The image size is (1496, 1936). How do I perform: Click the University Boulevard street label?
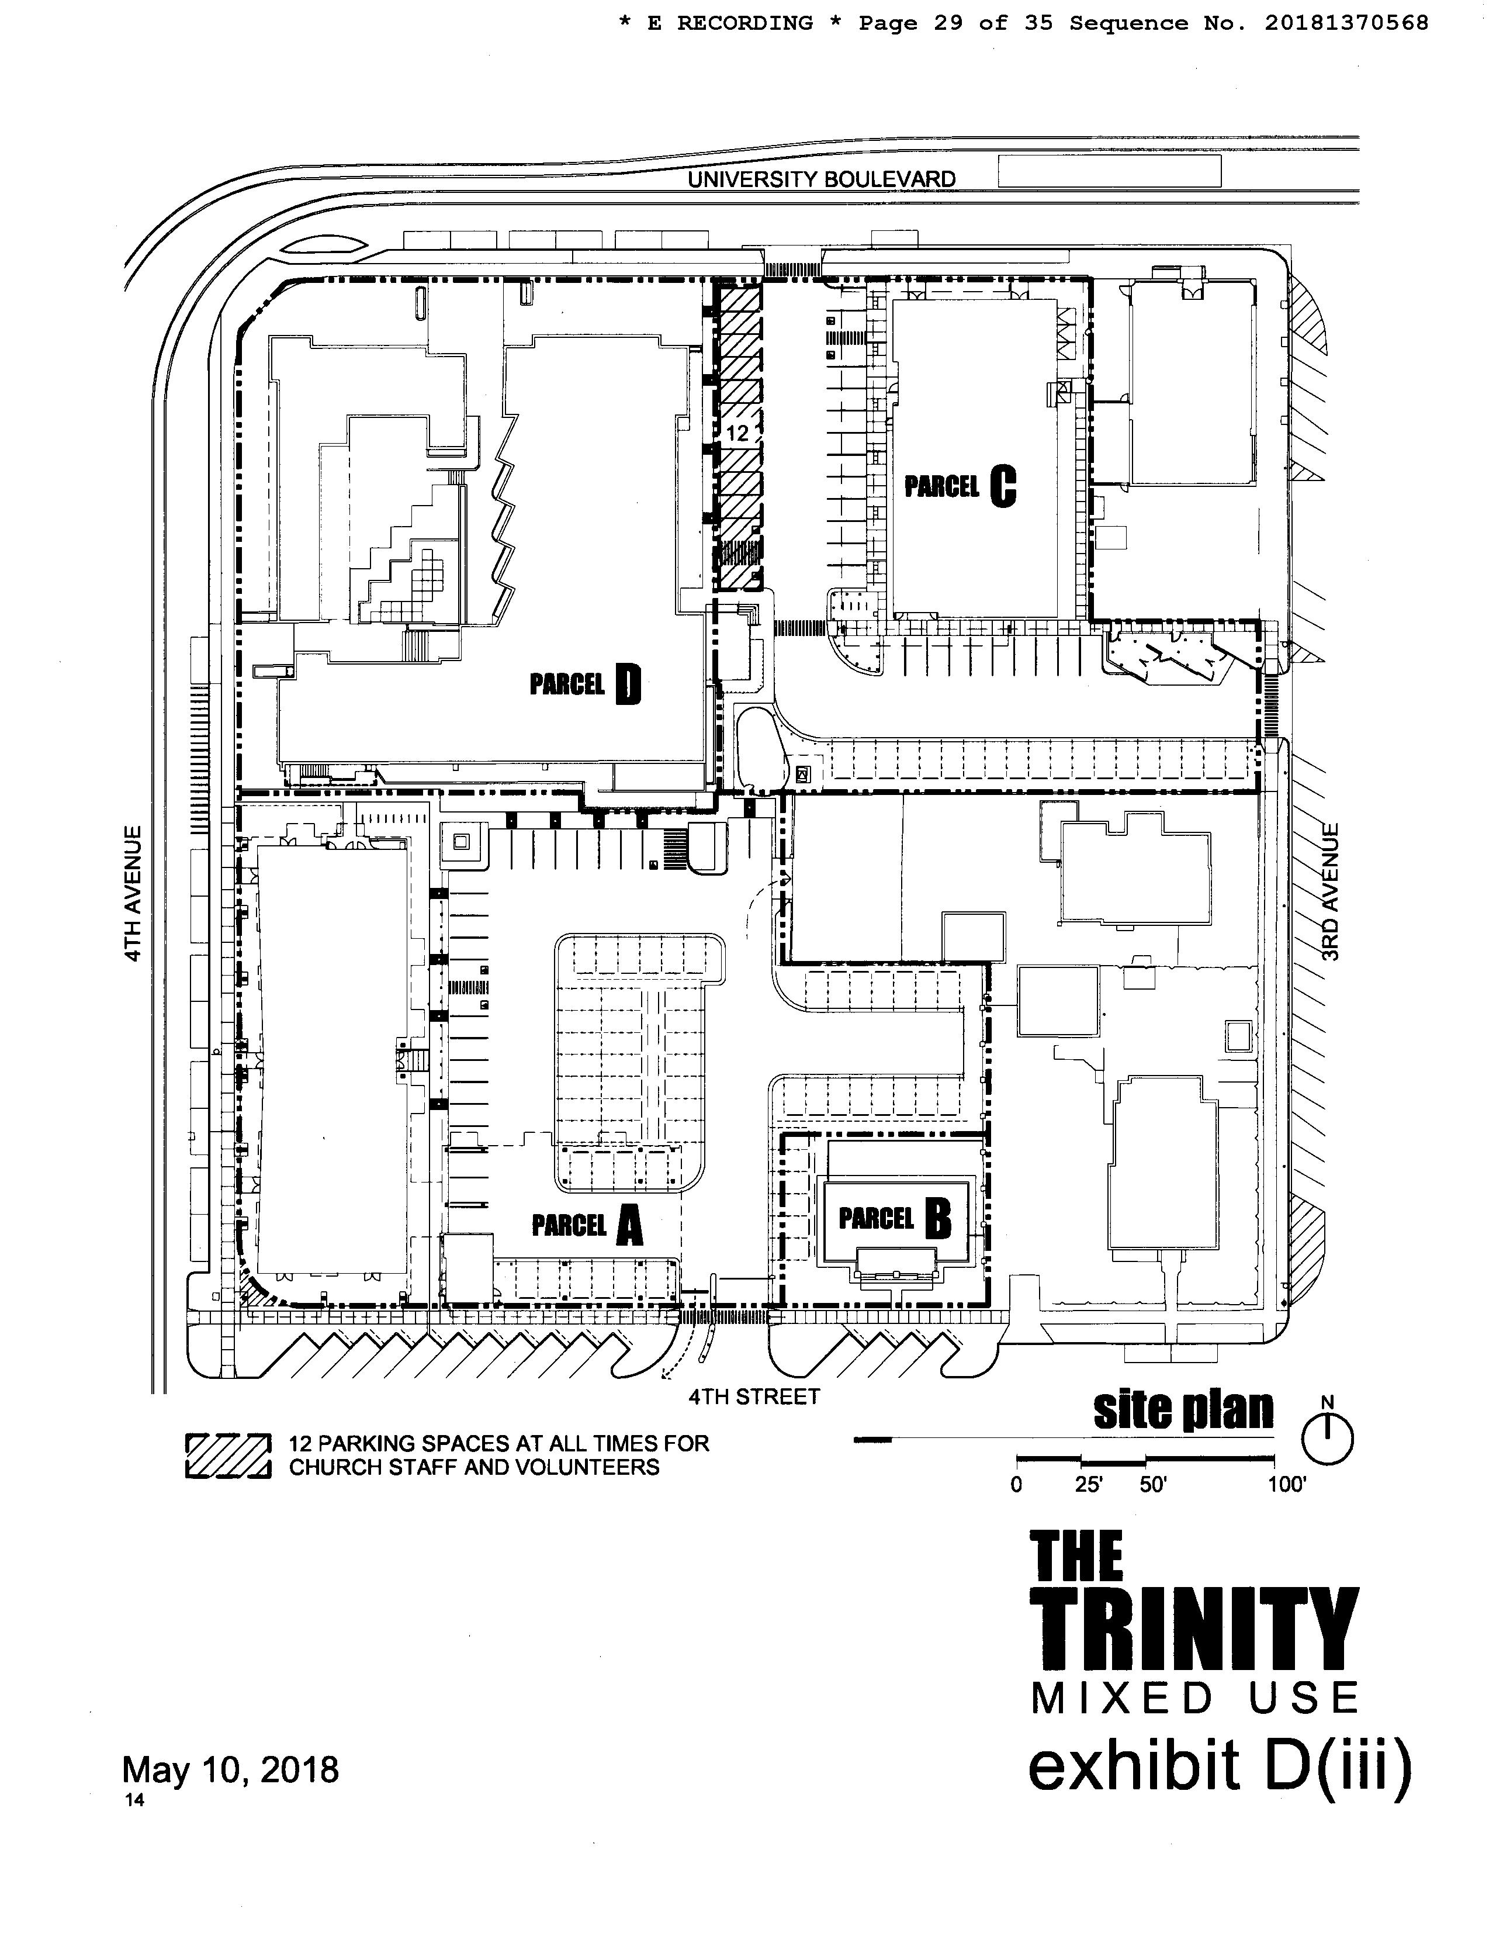point(822,179)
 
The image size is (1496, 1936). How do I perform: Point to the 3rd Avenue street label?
point(1329,892)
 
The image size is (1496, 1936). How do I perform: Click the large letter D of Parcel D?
point(626,684)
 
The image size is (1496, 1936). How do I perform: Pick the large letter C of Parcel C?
point(1002,486)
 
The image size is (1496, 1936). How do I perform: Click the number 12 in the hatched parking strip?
point(737,434)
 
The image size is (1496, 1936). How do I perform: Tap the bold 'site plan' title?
point(1183,1409)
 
